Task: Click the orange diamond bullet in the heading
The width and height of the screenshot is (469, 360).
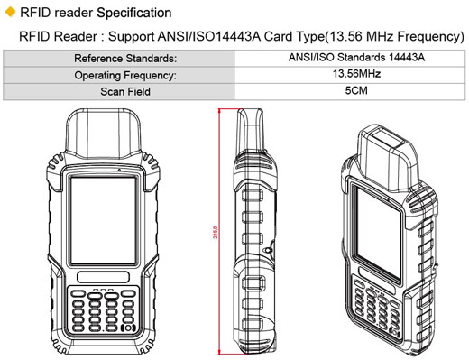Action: [x=9, y=12]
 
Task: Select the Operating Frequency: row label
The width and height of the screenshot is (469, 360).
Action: [x=124, y=75]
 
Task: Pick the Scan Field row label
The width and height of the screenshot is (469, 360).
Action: [x=124, y=90]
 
